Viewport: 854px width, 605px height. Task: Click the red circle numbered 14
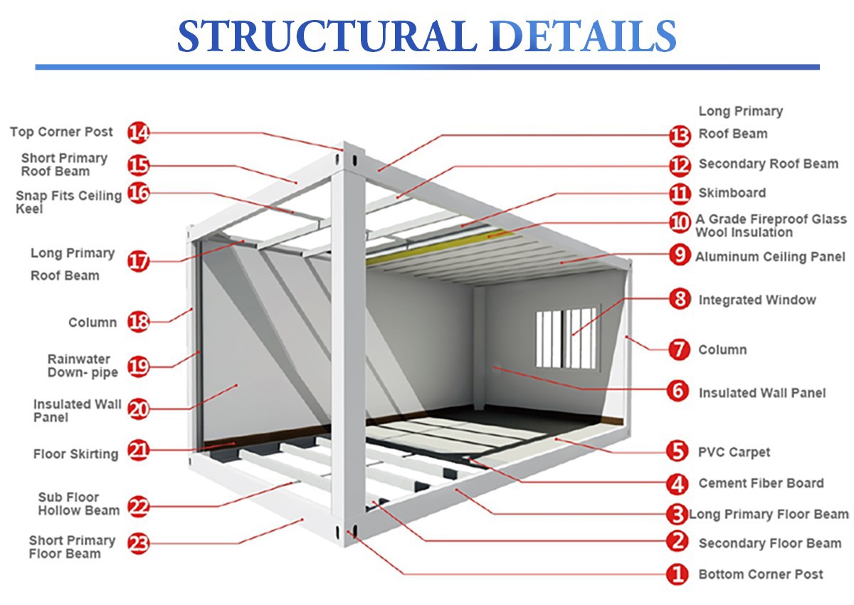click(x=139, y=132)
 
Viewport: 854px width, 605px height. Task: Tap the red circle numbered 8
click(x=680, y=299)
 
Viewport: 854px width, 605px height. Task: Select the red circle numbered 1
click(x=678, y=574)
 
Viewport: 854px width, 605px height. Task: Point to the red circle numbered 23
click(x=139, y=544)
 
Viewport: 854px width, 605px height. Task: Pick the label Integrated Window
click(x=757, y=300)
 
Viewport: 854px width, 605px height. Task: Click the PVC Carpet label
click(x=734, y=452)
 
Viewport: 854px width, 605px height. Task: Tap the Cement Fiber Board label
click(x=761, y=483)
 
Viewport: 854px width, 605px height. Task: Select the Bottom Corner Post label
click(x=761, y=574)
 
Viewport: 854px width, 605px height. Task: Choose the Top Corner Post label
click(x=61, y=132)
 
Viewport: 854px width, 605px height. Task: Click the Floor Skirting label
click(x=75, y=453)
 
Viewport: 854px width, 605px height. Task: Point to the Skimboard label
click(x=732, y=193)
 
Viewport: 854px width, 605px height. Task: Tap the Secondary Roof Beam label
click(x=768, y=164)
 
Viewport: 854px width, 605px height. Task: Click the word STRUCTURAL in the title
click(x=327, y=36)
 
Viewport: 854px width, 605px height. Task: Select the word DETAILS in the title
click(x=584, y=36)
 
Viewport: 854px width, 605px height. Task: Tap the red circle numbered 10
click(x=680, y=223)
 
